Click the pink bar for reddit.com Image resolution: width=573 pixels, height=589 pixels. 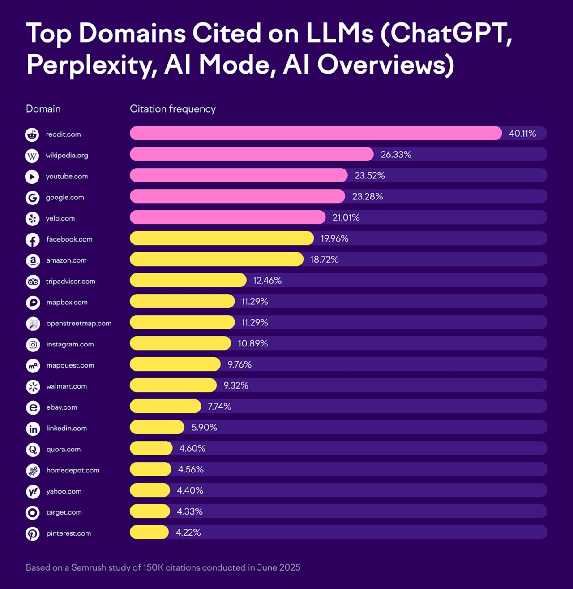coord(316,133)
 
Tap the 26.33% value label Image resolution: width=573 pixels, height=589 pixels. coord(396,155)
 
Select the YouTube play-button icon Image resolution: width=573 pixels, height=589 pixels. coord(32,177)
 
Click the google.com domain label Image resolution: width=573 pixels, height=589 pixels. coord(64,197)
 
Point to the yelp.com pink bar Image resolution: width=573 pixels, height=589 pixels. coord(227,217)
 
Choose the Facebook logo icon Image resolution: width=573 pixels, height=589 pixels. coord(32,240)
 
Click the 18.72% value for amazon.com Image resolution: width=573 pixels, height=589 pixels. coord(324,260)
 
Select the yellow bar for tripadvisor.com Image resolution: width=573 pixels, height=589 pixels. coord(188,280)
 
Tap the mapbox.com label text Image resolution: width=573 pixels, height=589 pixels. coord(67,302)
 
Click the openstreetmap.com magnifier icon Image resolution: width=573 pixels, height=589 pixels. coord(33,324)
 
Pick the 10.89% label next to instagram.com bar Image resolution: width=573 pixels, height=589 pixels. coord(252,343)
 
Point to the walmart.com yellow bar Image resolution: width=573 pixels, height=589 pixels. coord(173,385)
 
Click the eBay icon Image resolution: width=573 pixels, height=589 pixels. coord(33,407)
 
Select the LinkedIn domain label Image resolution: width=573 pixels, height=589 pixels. coord(66,428)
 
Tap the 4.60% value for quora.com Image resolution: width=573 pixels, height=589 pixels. coord(192,448)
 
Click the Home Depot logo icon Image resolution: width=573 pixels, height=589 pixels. coord(33,471)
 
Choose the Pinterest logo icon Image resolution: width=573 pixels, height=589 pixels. coord(32,534)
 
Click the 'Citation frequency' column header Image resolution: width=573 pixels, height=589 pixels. coord(172,109)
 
